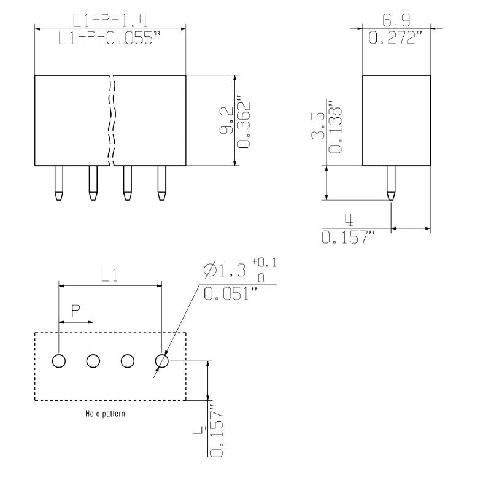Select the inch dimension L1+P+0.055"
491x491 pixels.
109,39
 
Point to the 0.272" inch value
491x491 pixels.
396,39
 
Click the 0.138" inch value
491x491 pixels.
335,126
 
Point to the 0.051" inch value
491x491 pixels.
230,294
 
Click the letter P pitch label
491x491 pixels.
75,312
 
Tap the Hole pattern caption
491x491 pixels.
105,414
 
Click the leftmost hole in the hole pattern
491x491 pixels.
58,361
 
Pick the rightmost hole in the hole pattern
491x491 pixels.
162,361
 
